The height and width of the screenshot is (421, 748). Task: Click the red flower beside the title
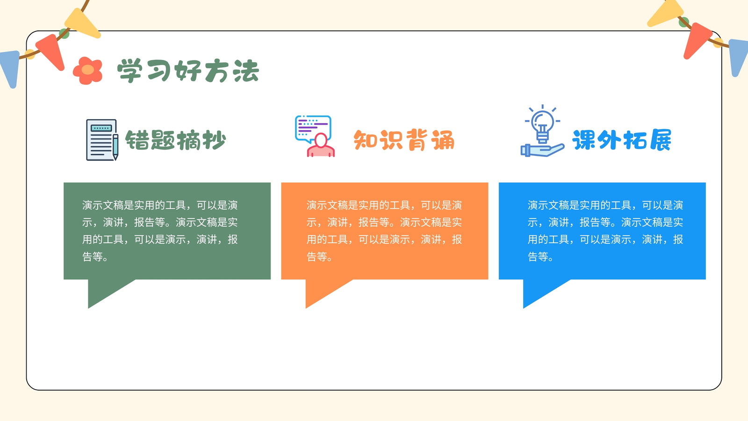pyautogui.click(x=88, y=71)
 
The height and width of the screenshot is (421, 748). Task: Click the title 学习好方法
pyautogui.click(x=188, y=71)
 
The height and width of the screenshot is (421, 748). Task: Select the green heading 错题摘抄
pyautogui.click(x=176, y=140)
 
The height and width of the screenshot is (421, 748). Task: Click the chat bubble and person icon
pyautogui.click(x=315, y=136)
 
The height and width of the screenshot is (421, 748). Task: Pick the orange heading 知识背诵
pyautogui.click(x=404, y=140)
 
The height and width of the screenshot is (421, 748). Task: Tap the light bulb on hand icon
pyautogui.click(x=542, y=131)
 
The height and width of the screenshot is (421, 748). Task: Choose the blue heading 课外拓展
pyautogui.click(x=622, y=140)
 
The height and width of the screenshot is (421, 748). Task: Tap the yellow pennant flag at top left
pyautogui.click(x=82, y=23)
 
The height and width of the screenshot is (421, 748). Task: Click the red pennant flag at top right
pyautogui.click(x=697, y=40)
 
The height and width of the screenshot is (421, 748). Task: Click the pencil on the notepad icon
pyautogui.click(x=115, y=147)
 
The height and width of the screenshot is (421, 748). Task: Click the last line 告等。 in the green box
pyautogui.click(x=95, y=257)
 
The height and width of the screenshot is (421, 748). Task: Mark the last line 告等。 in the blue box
pyautogui.click(x=540, y=257)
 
